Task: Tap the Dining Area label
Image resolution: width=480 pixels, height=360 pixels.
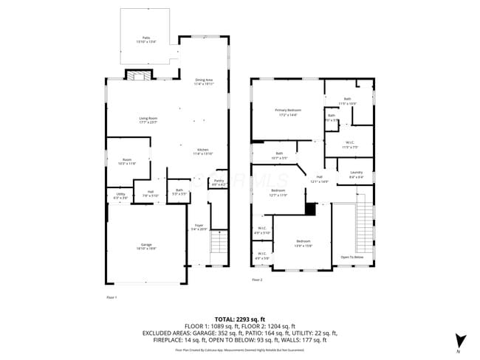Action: [x=204, y=81]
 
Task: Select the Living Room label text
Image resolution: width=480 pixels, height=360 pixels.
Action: [x=148, y=120]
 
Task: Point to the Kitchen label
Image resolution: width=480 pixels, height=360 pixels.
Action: [x=203, y=151]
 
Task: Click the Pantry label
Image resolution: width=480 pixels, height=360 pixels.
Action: [x=219, y=182]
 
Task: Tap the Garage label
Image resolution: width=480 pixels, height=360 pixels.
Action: [x=146, y=246]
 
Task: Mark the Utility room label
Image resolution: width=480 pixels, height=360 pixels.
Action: [x=120, y=195]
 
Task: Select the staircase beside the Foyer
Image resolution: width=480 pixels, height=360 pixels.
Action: [x=219, y=241]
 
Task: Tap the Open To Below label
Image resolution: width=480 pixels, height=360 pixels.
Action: [x=352, y=257]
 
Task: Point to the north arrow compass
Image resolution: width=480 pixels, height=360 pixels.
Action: [x=461, y=341]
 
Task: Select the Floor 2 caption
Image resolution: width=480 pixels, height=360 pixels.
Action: [x=257, y=280]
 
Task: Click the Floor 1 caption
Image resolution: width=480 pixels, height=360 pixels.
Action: [x=112, y=297]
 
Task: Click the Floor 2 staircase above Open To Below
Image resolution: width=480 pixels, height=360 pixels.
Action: [x=363, y=221]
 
